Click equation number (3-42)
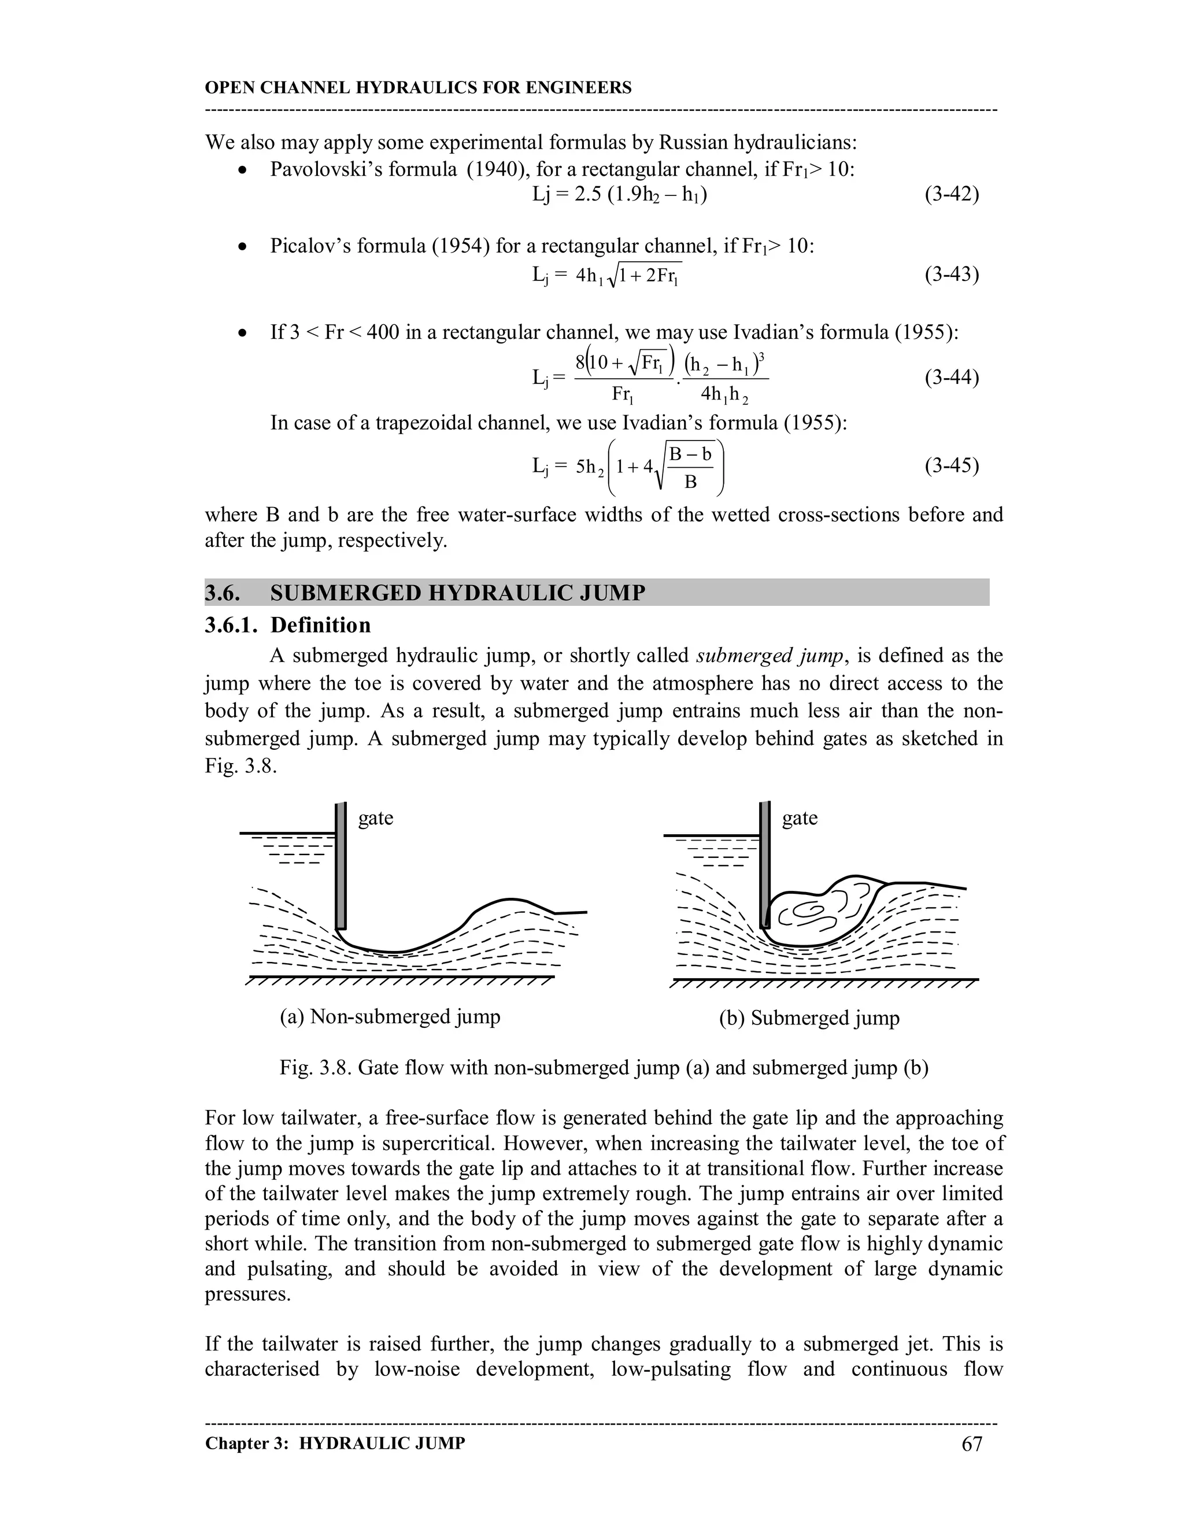(951, 194)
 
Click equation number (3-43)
(951, 274)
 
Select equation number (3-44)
(951, 378)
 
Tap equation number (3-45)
(951, 466)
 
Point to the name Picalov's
(312, 246)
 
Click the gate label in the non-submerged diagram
(375, 818)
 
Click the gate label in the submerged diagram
(800, 818)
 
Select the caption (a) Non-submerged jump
(390, 1016)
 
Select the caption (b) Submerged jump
(809, 1018)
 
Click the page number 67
(971, 1444)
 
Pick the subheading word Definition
(320, 625)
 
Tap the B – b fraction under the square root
(690, 454)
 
